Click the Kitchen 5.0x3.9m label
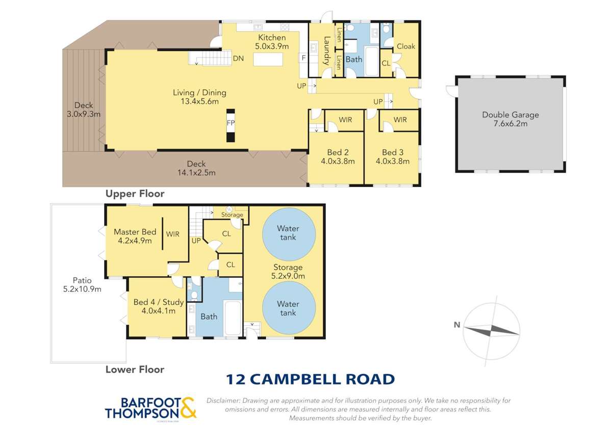coord(272,42)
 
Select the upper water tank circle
coord(288,233)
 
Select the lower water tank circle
coord(288,308)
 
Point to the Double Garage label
coord(511,119)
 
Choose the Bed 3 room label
coord(393,156)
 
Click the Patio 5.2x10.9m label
coord(82,284)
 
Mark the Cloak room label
coord(406,46)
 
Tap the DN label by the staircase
coord(238,58)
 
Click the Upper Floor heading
coord(135,194)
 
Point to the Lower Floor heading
coord(135,369)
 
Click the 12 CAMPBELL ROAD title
coord(310,379)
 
